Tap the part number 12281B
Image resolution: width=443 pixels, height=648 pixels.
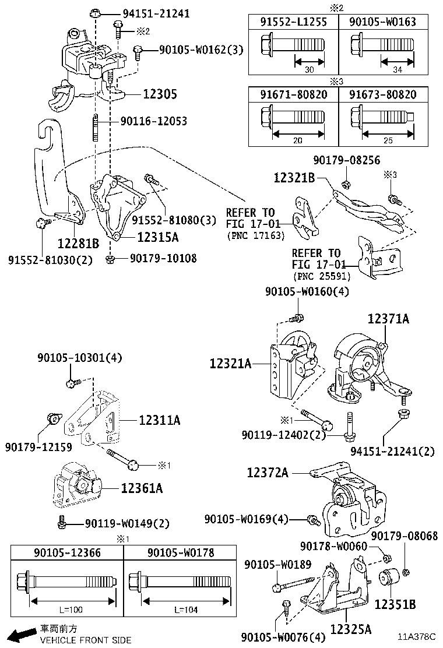78,242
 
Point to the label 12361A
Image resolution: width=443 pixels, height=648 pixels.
142,488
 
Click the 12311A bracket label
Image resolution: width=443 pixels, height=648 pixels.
159,420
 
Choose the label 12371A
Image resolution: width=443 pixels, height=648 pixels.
388,318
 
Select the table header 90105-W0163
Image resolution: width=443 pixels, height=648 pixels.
382,22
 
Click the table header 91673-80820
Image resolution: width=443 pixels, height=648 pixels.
382,94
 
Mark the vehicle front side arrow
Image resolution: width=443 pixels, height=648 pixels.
19,635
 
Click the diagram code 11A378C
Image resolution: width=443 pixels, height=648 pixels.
417,637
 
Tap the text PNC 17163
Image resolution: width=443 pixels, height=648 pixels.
256,235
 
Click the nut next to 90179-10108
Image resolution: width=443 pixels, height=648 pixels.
111,258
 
